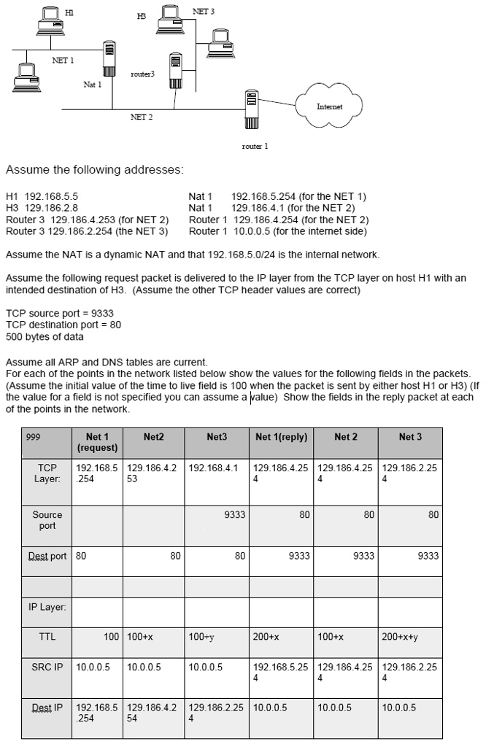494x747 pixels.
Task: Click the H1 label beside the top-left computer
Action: click(69, 12)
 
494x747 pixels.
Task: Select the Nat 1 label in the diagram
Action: click(92, 85)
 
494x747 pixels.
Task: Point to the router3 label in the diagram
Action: click(142, 74)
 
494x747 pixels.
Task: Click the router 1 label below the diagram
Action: click(255, 146)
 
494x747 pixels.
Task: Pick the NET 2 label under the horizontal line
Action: click(141, 117)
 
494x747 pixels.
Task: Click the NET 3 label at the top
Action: click(204, 12)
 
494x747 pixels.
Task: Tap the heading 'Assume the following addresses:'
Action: click(94, 170)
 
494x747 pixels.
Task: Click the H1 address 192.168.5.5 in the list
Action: click(42, 197)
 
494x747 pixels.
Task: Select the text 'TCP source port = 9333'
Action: click(59, 313)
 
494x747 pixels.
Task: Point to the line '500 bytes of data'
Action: click(45, 336)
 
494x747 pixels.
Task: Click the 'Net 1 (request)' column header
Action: click(97, 442)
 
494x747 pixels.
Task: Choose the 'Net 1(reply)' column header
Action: click(281, 437)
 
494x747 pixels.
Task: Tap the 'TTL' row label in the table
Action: click(47, 637)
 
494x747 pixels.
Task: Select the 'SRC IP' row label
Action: click(47, 667)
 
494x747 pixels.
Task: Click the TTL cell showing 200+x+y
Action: click(398, 637)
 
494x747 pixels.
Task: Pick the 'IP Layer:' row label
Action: click(47, 607)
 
